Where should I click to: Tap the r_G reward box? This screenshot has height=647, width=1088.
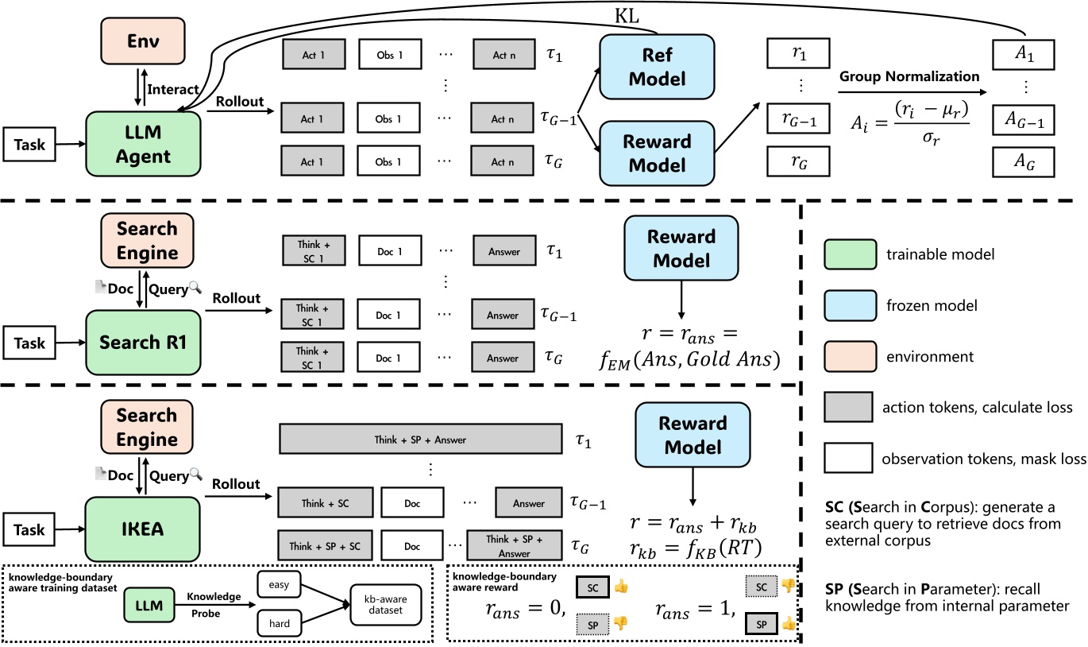[798, 161]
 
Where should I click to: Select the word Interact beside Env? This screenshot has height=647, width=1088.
[172, 90]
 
